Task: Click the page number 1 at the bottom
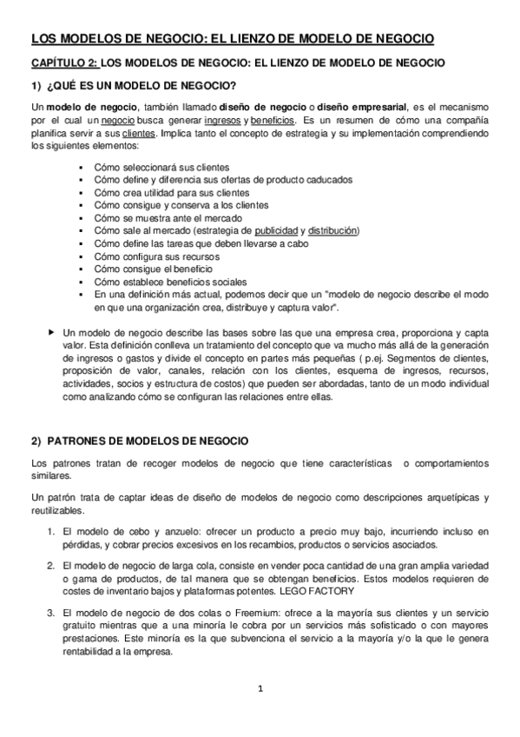click(260, 689)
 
